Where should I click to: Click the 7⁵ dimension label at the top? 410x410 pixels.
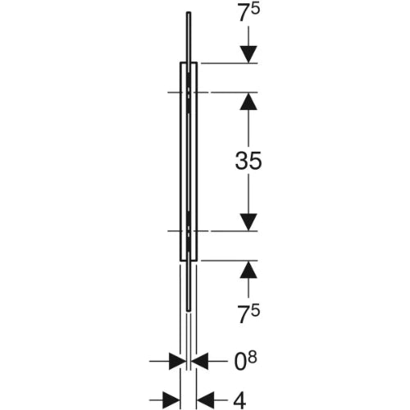[249, 12]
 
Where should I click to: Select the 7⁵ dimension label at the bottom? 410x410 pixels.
[249, 314]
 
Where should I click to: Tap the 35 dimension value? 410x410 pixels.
[248, 161]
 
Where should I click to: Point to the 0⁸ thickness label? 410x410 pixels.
[246, 362]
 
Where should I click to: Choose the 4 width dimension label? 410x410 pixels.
[239, 400]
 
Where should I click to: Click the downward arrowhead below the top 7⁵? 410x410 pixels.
[248, 54]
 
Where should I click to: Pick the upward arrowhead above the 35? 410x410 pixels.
[248, 101]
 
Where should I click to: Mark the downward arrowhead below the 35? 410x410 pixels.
[248, 222]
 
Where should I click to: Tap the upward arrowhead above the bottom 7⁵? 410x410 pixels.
[248, 270]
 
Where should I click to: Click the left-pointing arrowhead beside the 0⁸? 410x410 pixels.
[199, 361]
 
